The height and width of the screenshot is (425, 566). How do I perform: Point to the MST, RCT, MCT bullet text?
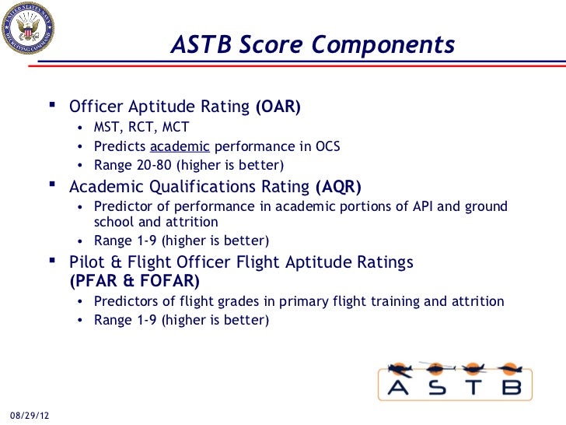[x=141, y=128]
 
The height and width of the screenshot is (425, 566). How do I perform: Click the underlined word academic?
[x=180, y=146]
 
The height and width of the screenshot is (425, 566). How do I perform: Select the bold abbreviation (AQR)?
[x=338, y=187]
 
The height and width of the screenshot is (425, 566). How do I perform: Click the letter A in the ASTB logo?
[x=399, y=388]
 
